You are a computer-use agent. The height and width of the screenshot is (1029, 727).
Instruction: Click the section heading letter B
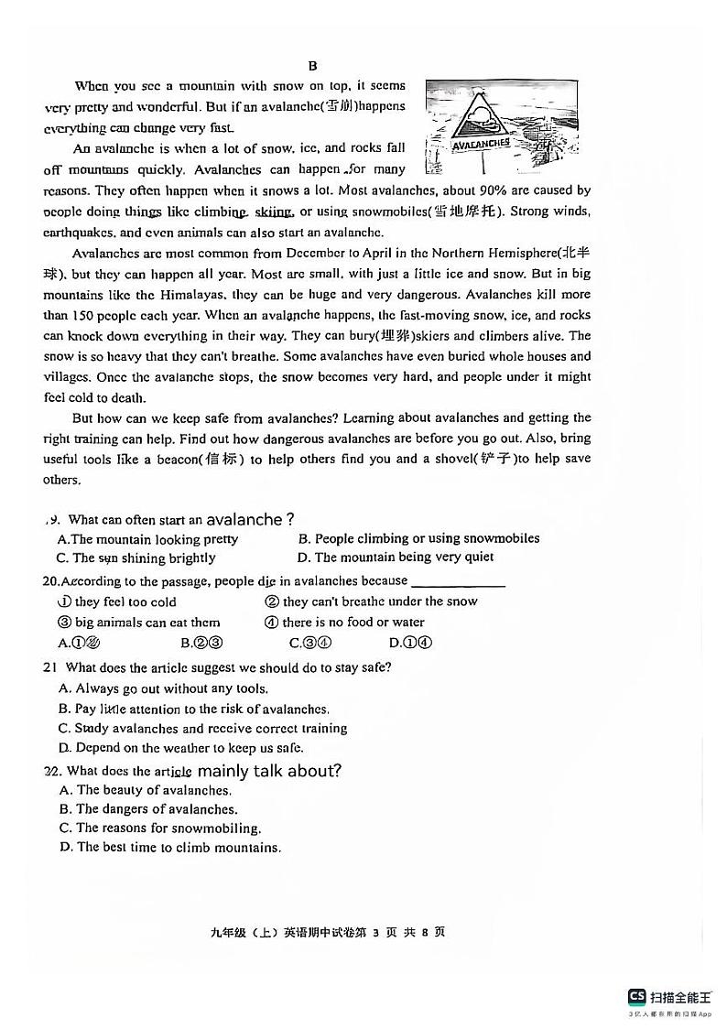(x=312, y=65)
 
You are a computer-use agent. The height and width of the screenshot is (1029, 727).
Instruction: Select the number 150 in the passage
(x=84, y=315)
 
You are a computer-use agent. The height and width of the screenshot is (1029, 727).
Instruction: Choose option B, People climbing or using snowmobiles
(x=418, y=538)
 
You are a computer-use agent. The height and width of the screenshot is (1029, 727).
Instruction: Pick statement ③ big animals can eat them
(x=138, y=623)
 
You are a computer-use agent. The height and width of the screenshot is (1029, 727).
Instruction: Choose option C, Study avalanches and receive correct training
(x=202, y=729)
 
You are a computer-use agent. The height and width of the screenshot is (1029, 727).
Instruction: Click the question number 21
(x=50, y=667)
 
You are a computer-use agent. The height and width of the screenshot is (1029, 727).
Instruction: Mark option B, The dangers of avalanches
(x=147, y=809)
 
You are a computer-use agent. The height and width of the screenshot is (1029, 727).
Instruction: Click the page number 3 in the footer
(x=375, y=933)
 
